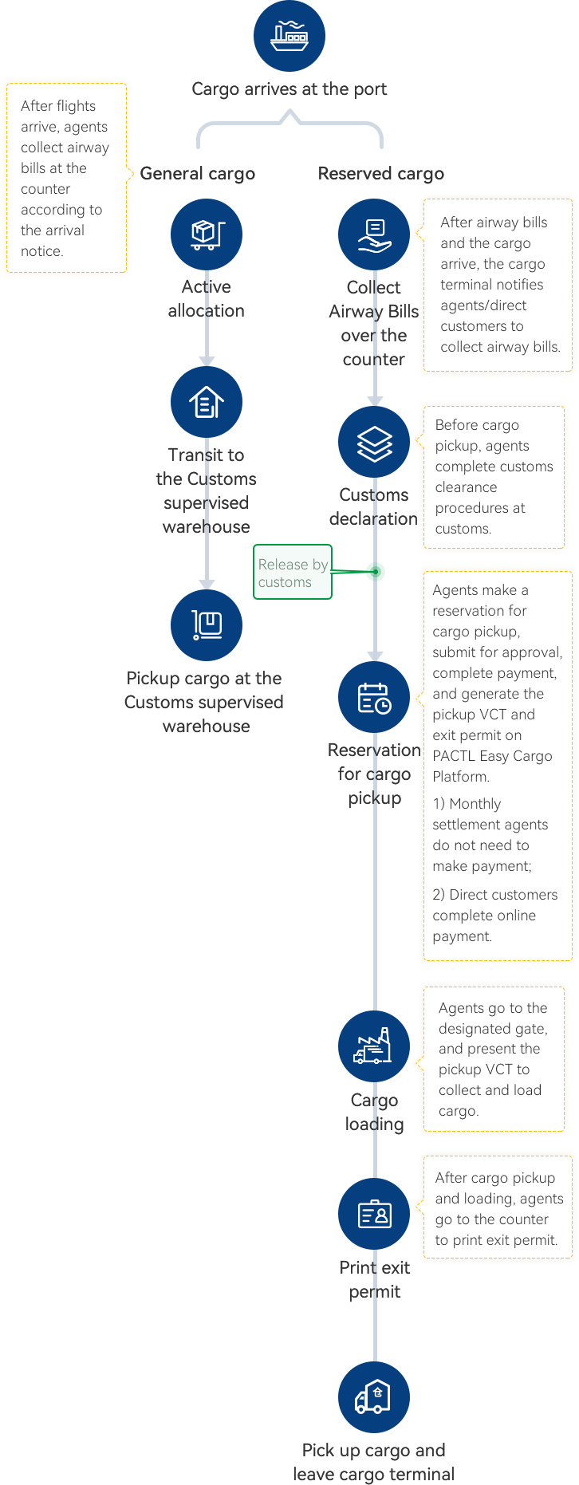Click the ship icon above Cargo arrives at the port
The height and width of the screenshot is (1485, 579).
tap(289, 36)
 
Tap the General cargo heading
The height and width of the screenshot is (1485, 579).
tap(197, 174)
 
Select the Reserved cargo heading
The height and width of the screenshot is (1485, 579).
tap(380, 174)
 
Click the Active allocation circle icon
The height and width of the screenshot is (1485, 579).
tap(206, 234)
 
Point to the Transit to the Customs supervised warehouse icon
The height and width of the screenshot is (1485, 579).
tap(206, 402)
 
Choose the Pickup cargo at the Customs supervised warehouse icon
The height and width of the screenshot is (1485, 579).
tap(206, 625)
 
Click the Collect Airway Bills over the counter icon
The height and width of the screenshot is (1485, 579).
tap(373, 234)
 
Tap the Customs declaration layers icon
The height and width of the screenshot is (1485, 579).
tap(373, 442)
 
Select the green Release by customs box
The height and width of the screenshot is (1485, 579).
tap(292, 572)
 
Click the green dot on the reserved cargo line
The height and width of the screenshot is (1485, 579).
tap(375, 571)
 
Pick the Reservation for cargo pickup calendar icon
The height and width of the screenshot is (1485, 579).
tap(373, 697)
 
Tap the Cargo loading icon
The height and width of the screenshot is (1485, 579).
tap(373, 1046)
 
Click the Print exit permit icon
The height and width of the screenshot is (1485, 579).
tap(373, 1214)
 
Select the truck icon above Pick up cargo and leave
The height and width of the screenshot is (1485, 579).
tap(373, 1397)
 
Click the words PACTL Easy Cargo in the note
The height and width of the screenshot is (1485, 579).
tap(492, 756)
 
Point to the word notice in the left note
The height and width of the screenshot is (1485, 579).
tap(41, 251)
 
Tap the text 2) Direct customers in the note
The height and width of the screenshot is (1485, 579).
tap(494, 895)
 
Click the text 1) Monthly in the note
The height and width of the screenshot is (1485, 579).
tap(467, 804)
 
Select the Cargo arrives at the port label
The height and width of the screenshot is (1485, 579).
tap(289, 89)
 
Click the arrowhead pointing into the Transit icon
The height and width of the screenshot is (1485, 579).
tap(207, 361)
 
